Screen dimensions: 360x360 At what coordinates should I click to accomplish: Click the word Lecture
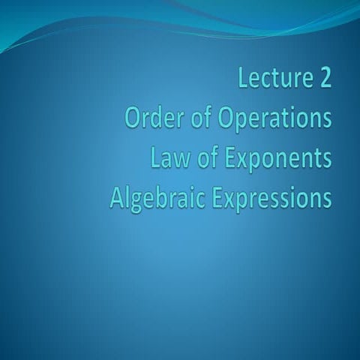coord(275,78)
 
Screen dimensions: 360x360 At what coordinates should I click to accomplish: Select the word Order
coord(149,118)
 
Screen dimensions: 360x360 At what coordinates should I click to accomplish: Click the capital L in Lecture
coord(244,78)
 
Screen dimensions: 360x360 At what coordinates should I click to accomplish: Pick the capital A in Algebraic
coord(116,199)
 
